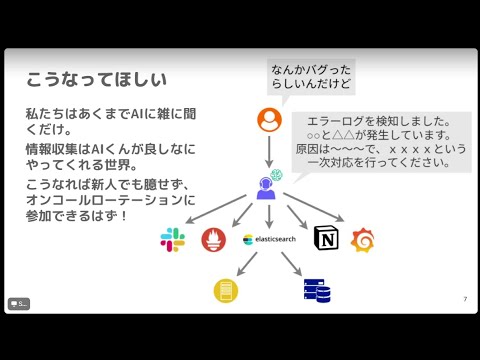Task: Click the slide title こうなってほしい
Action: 95,78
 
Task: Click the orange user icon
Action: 269,120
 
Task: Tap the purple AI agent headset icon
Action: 268,186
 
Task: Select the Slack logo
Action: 173,240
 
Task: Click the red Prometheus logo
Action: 214,240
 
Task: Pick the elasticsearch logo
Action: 269,240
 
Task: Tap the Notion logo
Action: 325,238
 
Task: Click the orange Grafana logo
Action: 362,239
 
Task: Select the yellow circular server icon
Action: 226,290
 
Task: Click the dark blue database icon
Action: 317,290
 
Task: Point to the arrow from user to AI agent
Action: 269,150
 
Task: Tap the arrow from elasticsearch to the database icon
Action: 291,264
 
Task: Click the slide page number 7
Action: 465,299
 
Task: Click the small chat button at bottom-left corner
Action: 19,303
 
